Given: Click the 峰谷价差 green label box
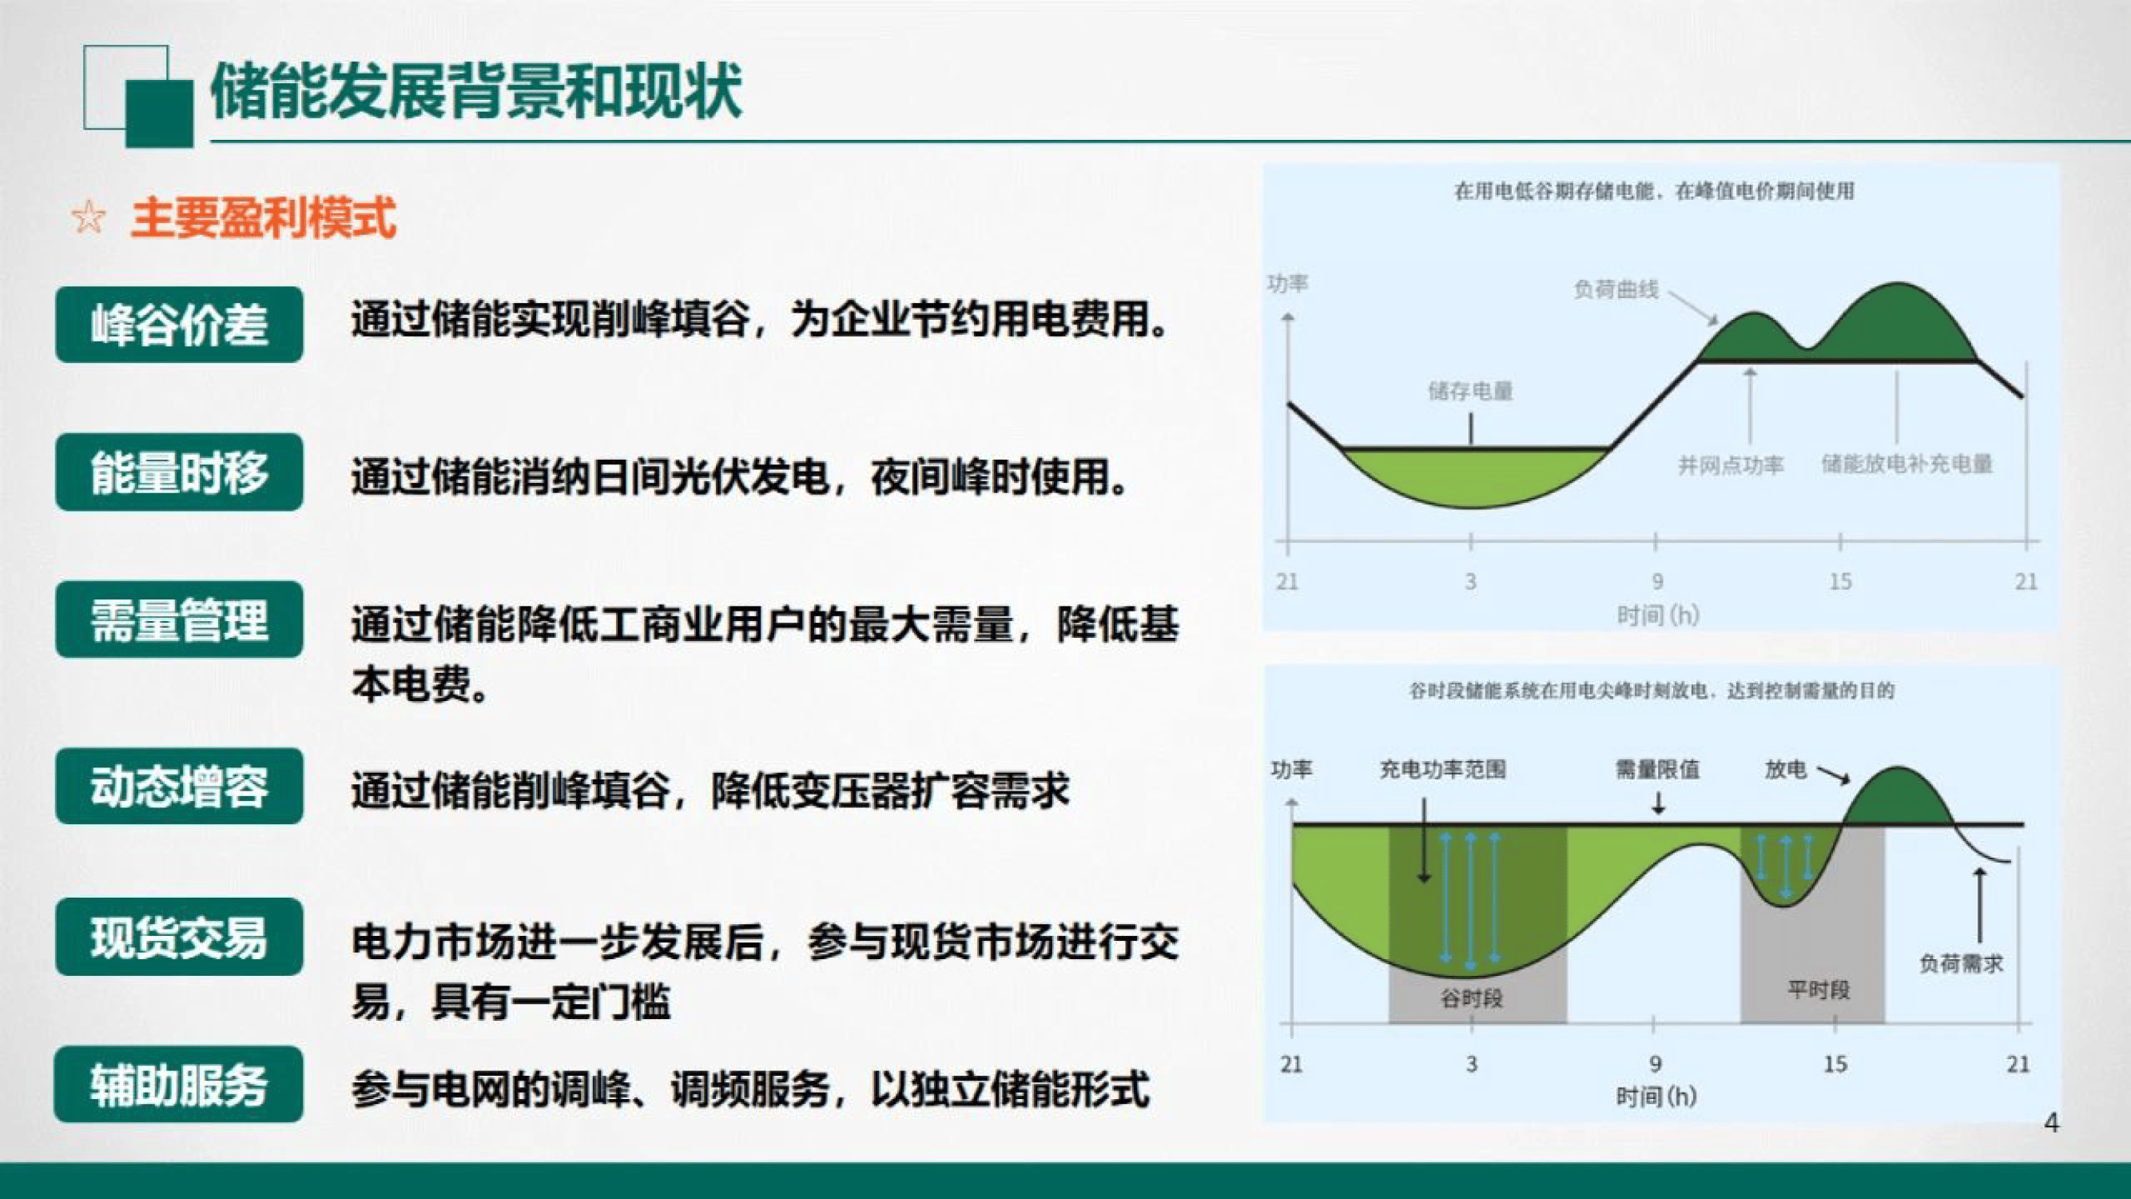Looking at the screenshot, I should click(179, 325).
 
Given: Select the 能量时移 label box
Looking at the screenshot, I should click(179, 472).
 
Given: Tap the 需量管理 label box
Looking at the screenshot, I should click(179, 619).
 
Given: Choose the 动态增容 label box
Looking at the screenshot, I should click(179, 786).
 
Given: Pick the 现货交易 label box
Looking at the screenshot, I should click(179, 937).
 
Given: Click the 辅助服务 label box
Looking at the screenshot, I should click(179, 1085).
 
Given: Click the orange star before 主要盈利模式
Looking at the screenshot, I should click(89, 217).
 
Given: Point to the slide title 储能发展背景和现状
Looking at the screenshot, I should click(475, 91).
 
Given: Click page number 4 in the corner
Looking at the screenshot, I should click(2052, 1123).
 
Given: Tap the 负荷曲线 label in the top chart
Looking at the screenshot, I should click(1616, 289).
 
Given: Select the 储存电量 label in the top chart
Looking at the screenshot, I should click(1470, 391).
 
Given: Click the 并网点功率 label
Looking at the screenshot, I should click(1731, 465).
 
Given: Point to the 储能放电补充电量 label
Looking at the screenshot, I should click(1906, 464).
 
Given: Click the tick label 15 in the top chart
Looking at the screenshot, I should click(1840, 582).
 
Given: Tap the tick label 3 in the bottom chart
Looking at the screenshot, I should click(1471, 1064).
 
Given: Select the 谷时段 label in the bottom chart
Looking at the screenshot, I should click(1471, 998).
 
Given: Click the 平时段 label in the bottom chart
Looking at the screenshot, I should click(1819, 990).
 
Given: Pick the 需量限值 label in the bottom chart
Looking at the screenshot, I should click(1657, 771).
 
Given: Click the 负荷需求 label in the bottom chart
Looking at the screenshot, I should click(1962, 963).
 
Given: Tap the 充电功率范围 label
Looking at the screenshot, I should click(1443, 771).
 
